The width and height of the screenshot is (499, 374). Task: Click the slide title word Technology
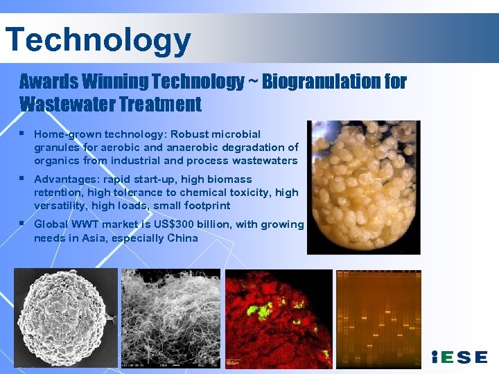pos(98,39)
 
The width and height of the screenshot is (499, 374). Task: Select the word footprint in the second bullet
pos(204,206)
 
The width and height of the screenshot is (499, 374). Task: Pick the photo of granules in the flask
pos(363,186)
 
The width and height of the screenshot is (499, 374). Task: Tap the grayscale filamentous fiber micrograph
pos(170,318)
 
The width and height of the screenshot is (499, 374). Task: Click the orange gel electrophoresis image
pos(378,318)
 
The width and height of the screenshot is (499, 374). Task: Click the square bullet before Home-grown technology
pos(23,133)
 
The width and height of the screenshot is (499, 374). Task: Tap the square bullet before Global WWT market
pos(23,224)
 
